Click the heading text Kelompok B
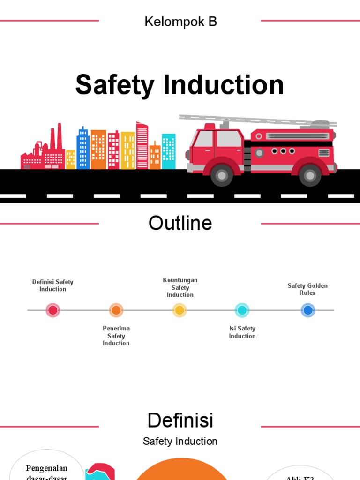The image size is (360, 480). [180, 22]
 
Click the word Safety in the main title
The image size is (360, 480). [115, 85]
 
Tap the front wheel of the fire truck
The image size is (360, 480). [221, 175]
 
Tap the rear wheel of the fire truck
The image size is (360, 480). [309, 175]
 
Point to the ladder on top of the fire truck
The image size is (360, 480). [258, 120]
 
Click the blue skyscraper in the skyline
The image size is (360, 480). [83, 148]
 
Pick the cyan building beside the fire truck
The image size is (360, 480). [169, 151]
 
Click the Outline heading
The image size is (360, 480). [180, 223]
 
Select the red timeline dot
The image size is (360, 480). [53, 310]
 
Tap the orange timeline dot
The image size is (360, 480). [116, 310]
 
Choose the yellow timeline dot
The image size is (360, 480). [179, 310]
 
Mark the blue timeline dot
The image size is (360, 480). [307, 310]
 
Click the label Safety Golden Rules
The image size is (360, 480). [307, 289]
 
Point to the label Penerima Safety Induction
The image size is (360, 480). [116, 336]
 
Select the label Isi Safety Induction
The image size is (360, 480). [242, 332]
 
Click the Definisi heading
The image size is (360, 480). [180, 420]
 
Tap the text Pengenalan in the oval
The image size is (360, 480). [46, 468]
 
